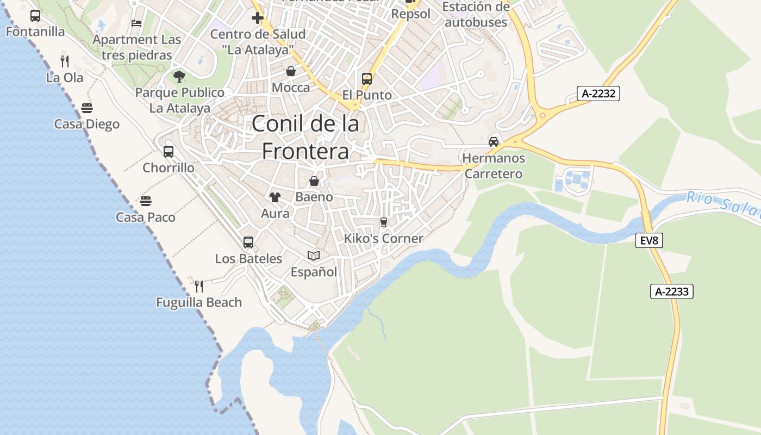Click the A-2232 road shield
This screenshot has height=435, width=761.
(598, 94)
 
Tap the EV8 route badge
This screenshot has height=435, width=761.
(649, 240)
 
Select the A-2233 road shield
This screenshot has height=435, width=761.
(672, 291)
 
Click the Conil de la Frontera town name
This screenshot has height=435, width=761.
(305, 138)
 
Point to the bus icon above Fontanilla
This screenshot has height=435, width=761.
(35, 15)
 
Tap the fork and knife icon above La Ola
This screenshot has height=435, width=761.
(65, 61)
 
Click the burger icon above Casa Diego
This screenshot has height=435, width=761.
(87, 108)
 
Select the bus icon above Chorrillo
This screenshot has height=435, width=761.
(169, 151)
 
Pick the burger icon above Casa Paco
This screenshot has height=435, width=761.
(145, 201)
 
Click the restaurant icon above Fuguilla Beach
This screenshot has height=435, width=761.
(199, 286)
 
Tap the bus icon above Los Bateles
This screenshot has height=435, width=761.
(248, 243)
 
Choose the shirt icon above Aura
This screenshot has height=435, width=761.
(275, 197)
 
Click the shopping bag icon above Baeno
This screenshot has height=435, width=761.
(314, 181)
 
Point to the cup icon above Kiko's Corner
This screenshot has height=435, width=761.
(384, 222)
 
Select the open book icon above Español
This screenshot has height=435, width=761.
(314, 256)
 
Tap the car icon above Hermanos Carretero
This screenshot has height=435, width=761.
(494, 142)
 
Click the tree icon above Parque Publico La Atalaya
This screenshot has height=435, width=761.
(179, 76)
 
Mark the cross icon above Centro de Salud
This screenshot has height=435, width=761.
(257, 18)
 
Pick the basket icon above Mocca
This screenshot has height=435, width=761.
(291, 71)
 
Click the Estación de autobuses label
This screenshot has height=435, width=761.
(476, 15)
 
